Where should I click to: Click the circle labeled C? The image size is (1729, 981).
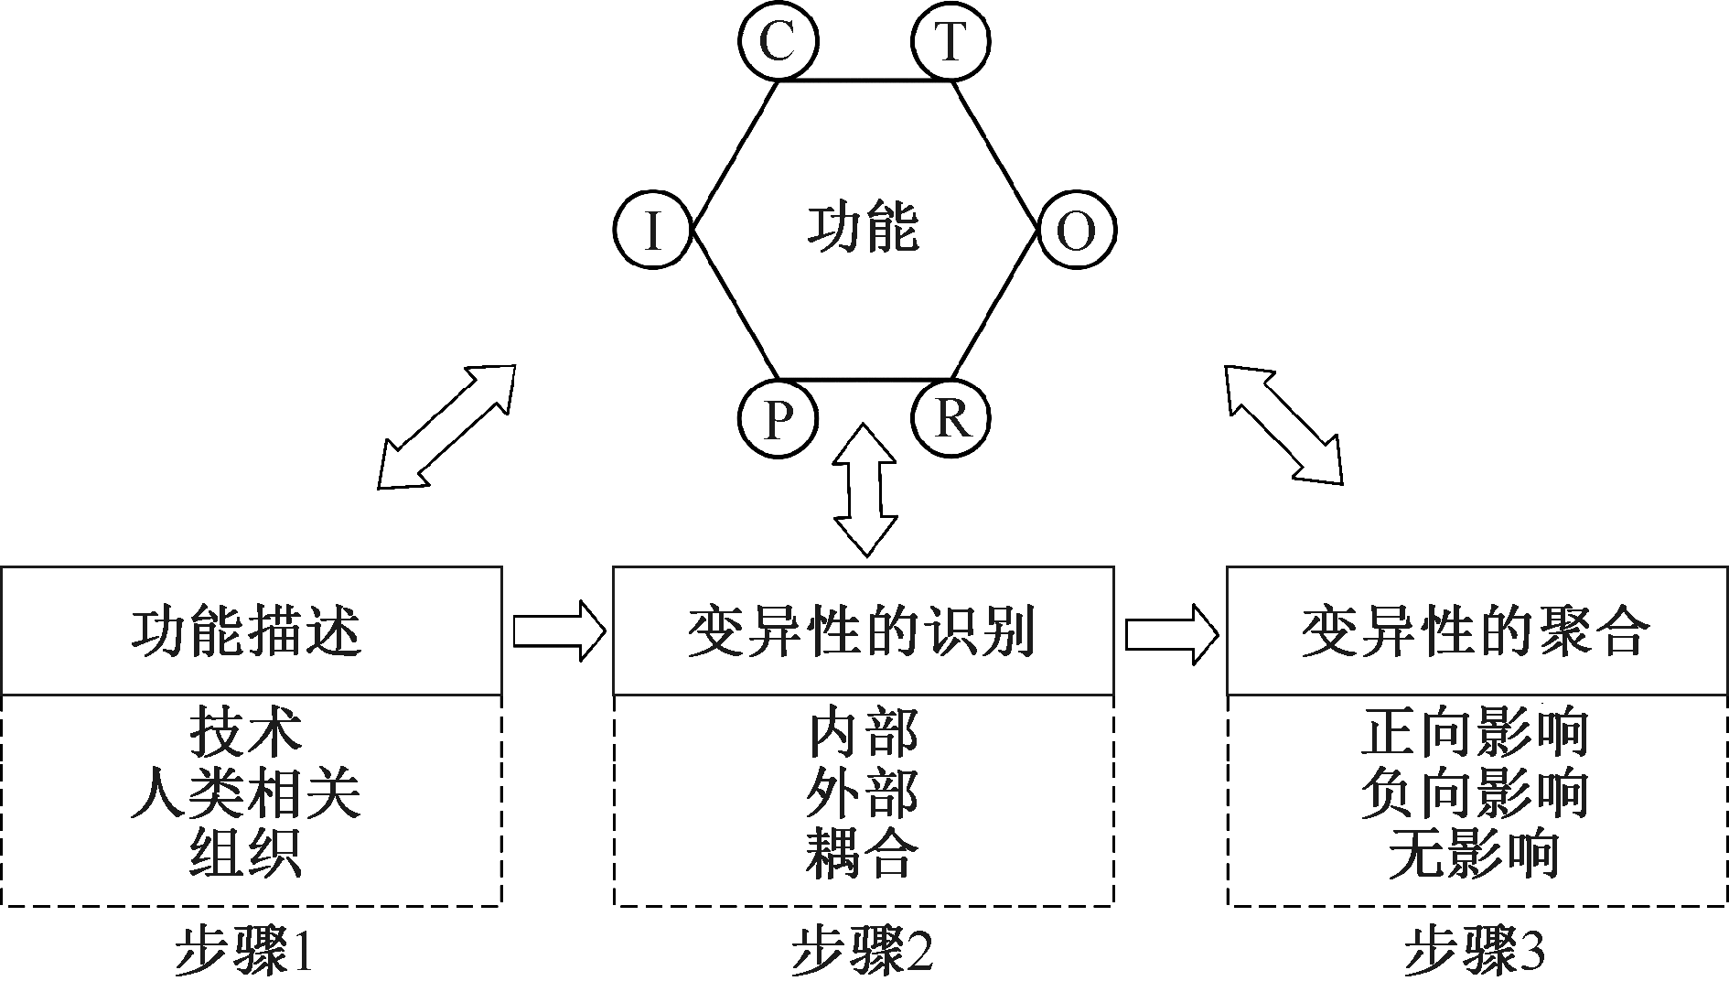click(x=777, y=42)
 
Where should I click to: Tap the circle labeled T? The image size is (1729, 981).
click(x=951, y=42)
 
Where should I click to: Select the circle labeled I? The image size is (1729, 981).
click(x=652, y=230)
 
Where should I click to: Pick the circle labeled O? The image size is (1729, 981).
click(x=1076, y=230)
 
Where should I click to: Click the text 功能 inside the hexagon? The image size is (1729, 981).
click(x=863, y=228)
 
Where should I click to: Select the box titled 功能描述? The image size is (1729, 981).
click(x=251, y=631)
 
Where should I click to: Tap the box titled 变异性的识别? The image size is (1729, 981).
click(x=863, y=631)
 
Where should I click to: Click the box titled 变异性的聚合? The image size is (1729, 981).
click(x=1476, y=631)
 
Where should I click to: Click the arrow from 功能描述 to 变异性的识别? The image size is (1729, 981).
click(x=558, y=631)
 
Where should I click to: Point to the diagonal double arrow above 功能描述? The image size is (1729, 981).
click(x=447, y=426)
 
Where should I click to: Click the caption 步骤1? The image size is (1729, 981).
click(x=244, y=952)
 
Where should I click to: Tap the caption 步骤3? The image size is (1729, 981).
click(x=1475, y=952)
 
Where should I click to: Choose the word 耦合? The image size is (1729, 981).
click(x=862, y=854)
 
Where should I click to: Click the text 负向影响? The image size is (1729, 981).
click(x=1474, y=793)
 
